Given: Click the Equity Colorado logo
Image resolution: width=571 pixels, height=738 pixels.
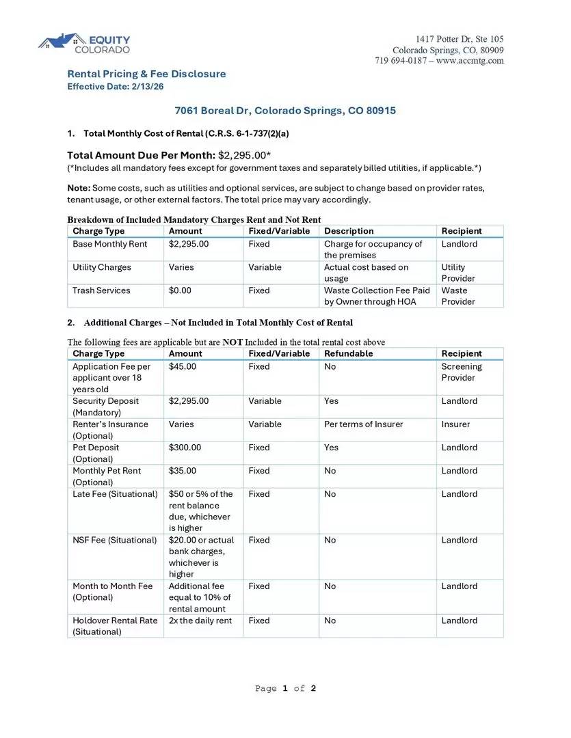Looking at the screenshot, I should (x=83, y=44).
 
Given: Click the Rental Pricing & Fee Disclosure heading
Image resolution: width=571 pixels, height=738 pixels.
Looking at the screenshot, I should (x=146, y=74).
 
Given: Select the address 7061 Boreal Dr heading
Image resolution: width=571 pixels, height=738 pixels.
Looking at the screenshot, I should (x=285, y=111).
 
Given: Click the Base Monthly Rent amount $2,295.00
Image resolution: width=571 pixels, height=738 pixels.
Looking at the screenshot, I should (x=189, y=244).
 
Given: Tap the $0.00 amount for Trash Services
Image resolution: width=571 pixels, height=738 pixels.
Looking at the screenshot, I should (x=180, y=290).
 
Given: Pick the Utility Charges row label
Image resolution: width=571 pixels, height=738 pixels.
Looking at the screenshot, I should (x=102, y=267).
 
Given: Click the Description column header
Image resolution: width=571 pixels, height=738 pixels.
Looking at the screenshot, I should (x=349, y=231).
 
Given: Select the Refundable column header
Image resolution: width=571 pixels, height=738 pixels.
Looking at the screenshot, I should (x=349, y=353).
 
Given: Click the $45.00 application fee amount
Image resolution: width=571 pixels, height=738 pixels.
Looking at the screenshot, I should (x=183, y=366).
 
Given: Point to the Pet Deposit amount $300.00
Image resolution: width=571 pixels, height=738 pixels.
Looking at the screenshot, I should (x=185, y=448).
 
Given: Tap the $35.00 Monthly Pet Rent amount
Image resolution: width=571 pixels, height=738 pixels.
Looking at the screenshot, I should (x=183, y=471).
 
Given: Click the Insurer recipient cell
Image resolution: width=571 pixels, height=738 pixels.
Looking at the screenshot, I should (x=455, y=424).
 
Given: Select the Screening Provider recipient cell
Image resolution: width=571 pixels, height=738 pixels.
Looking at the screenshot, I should (x=462, y=372).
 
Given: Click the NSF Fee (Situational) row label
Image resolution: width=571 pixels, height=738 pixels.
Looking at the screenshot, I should (x=115, y=540).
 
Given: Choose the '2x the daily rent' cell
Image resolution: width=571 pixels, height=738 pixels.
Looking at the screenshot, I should (x=200, y=620).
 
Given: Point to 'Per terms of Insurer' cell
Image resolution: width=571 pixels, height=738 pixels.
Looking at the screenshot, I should (x=363, y=424).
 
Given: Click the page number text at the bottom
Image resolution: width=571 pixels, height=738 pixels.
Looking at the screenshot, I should (x=285, y=688).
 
